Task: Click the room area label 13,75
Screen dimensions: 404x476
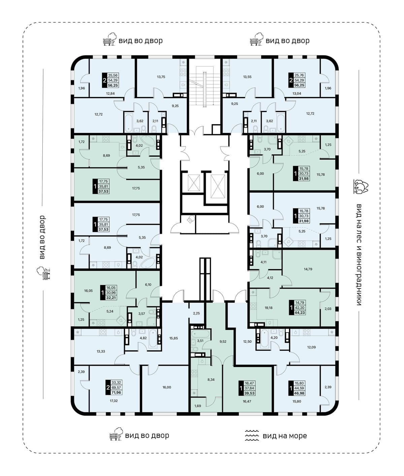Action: [x=161, y=77]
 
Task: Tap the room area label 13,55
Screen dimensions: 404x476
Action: [x=247, y=77]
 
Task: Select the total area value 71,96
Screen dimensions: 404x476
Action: [x=116, y=392]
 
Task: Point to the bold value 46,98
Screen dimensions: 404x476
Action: [x=299, y=393]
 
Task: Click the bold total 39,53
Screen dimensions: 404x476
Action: [x=249, y=393]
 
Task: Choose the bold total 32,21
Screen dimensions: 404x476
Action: [x=111, y=298]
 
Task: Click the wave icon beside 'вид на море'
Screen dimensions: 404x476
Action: [x=251, y=435]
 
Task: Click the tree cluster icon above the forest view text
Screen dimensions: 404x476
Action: [x=361, y=186]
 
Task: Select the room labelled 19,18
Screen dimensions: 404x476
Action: [x=268, y=308]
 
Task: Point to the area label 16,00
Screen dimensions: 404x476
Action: [x=167, y=387]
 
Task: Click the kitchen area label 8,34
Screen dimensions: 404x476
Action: [x=211, y=380]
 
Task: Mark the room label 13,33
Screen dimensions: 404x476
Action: [x=101, y=352]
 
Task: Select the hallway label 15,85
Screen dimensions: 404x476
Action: [x=173, y=338]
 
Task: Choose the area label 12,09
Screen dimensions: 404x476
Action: [x=311, y=347]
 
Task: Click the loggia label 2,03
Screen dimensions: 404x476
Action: [x=328, y=309]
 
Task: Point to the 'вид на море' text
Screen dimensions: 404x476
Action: [x=285, y=436]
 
